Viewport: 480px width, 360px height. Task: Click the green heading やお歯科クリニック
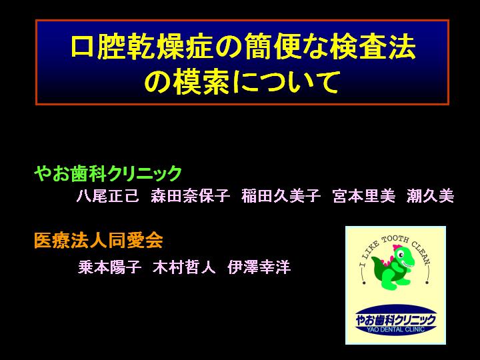coord(108,173)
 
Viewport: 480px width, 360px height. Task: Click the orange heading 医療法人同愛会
coord(98,240)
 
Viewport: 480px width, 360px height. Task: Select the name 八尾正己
coord(108,195)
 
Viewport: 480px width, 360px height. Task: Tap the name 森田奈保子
coord(190,195)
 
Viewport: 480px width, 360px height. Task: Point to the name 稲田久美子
coord(281,195)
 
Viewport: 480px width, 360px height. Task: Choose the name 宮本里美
coord(364,195)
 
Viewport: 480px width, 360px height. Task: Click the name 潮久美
coord(430,195)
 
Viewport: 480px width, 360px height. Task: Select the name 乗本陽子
coord(109,267)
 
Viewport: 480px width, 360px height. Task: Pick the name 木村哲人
coord(184,267)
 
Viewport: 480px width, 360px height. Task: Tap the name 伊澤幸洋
coord(259,267)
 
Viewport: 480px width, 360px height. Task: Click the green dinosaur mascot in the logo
coord(393,266)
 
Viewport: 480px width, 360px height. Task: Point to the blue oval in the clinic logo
coord(395,319)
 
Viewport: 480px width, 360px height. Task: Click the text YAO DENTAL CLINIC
coord(396,330)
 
